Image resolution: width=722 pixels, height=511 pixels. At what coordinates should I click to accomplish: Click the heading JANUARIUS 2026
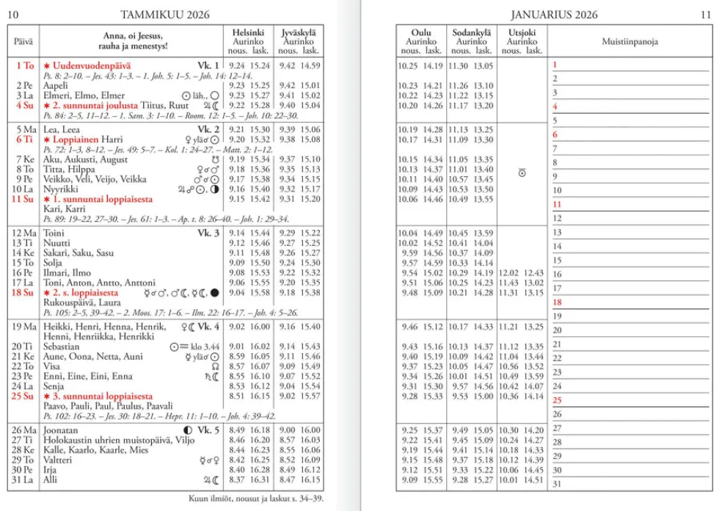pyautogui.click(x=555, y=15)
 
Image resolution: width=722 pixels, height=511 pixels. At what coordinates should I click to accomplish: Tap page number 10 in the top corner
pyautogui.click(x=14, y=15)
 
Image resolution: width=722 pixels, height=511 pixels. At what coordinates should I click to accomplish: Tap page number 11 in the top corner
pyautogui.click(x=706, y=15)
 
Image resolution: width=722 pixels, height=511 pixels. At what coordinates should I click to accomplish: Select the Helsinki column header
pyautogui.click(x=248, y=33)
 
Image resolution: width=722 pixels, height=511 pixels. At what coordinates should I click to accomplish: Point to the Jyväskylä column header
pyautogui.click(x=299, y=33)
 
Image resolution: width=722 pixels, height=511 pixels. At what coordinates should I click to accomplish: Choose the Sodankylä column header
pyautogui.click(x=470, y=33)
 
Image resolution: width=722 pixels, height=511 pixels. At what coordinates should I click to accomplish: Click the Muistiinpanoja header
pyautogui.click(x=630, y=42)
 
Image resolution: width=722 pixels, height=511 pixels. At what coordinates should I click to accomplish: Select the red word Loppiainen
pyautogui.click(x=76, y=139)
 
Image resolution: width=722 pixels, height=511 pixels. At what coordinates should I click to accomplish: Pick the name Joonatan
pyautogui.click(x=61, y=430)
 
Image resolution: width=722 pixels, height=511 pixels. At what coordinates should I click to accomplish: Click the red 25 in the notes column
pyautogui.click(x=557, y=401)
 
